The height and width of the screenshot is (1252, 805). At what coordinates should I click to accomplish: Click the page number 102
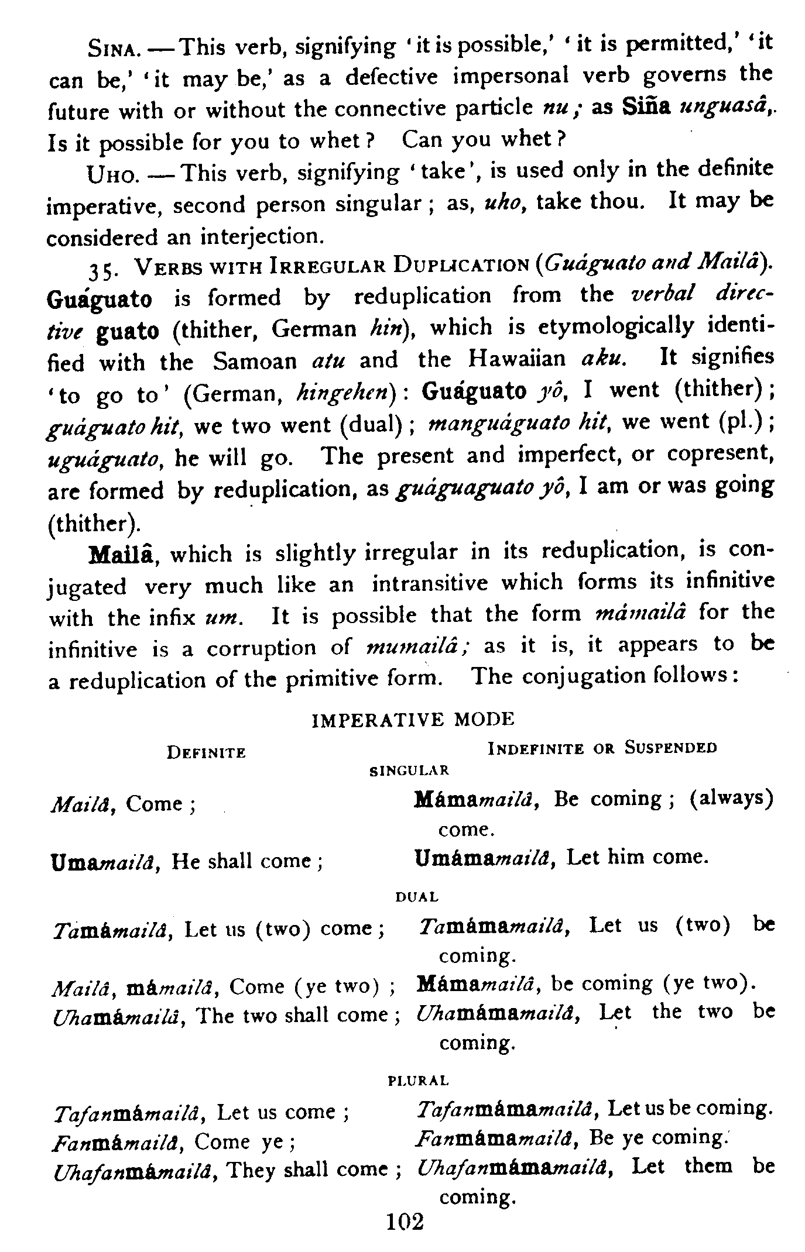(x=405, y=1222)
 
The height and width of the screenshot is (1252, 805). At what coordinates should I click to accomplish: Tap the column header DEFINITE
(x=206, y=752)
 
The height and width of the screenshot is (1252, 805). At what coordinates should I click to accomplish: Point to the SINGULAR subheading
(x=409, y=771)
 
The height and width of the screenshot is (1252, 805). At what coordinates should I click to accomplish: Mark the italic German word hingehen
(x=348, y=392)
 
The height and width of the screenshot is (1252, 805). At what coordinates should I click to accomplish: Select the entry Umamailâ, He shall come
(x=187, y=861)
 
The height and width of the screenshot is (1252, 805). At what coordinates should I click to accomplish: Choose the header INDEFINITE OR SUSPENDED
(x=602, y=748)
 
